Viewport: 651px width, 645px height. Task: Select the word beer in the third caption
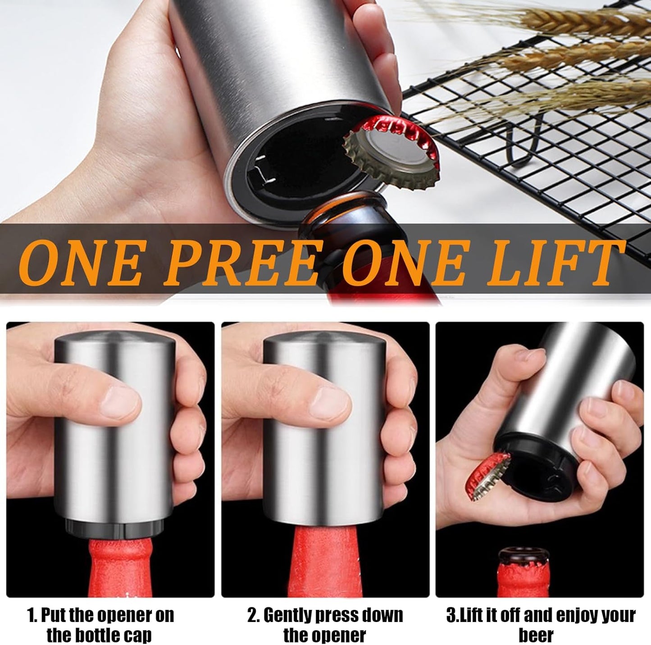[x=536, y=636]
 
